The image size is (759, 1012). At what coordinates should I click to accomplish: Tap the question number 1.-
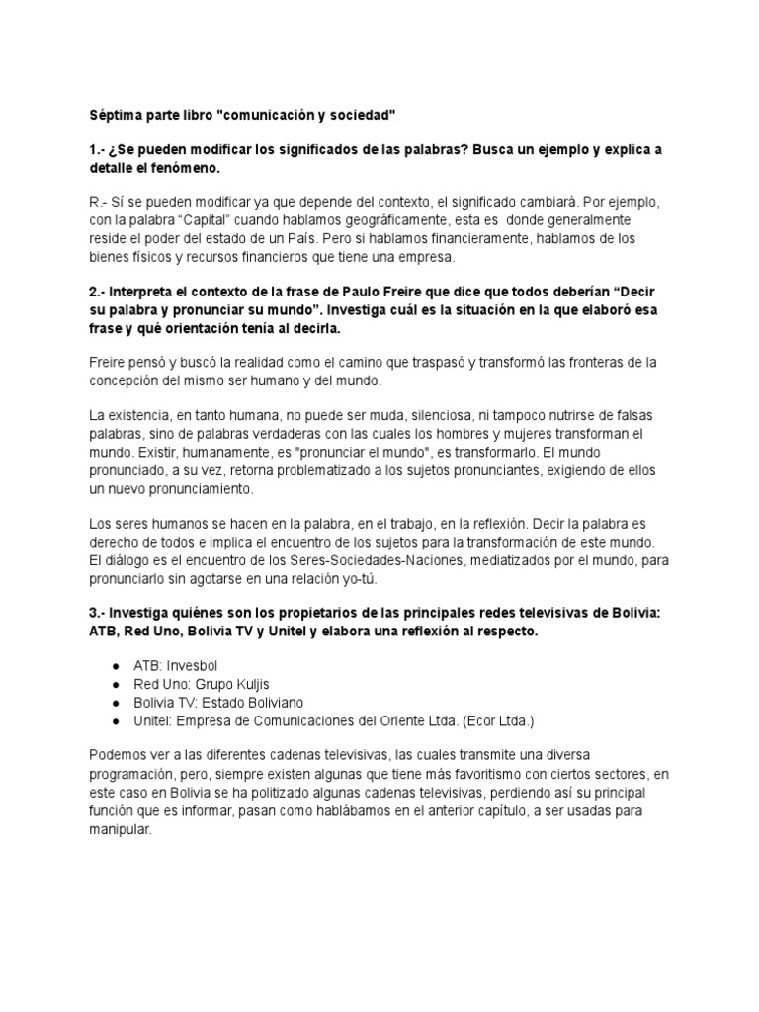tap(99, 149)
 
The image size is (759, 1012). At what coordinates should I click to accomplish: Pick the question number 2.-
tap(99, 294)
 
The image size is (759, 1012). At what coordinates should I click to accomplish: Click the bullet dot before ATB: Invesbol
tap(116, 665)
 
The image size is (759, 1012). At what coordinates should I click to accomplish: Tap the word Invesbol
tap(197, 665)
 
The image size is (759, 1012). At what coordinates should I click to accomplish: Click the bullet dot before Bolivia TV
tap(116, 703)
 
